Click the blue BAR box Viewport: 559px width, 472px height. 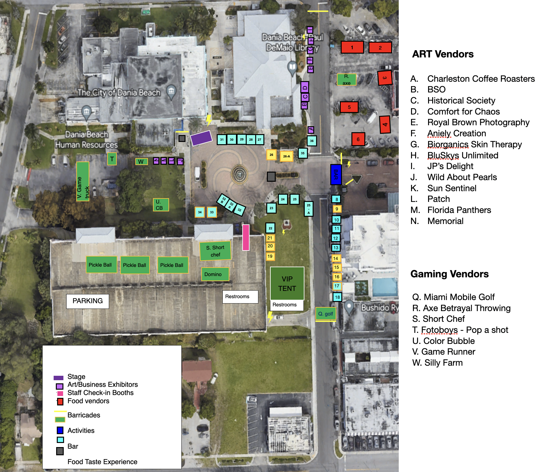tap(336, 174)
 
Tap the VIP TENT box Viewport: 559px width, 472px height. tap(287, 283)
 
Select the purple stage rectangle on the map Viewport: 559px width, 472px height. tap(201, 138)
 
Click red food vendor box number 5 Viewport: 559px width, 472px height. tap(349, 107)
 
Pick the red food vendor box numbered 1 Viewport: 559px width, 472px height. tap(352, 47)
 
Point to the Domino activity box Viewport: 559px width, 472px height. tap(215, 274)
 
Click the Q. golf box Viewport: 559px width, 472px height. tap(326, 314)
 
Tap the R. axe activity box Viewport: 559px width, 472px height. tap(346, 80)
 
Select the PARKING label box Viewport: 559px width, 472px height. tap(87, 301)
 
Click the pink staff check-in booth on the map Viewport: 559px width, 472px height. tap(246, 237)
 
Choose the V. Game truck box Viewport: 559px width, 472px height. tap(83, 181)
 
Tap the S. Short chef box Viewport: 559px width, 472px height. tap(215, 251)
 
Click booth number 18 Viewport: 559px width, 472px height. tap(337, 297)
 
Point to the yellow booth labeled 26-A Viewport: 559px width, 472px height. tap(286, 156)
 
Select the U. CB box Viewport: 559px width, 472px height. tap(161, 205)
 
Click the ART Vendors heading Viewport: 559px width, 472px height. tap(443, 54)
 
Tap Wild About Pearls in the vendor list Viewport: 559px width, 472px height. tap(462, 177)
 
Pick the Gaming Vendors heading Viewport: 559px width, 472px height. tap(449, 274)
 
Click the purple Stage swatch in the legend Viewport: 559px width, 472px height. tap(58, 378)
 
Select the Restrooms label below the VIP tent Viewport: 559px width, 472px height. tap(285, 305)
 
